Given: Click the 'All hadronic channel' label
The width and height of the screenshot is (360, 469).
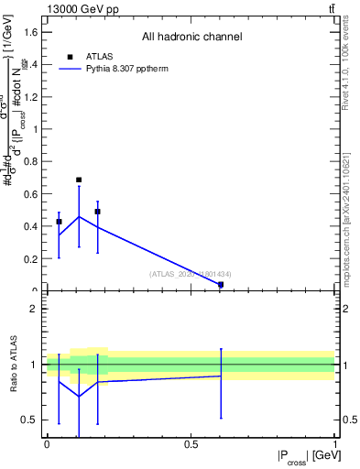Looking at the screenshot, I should [x=191, y=37].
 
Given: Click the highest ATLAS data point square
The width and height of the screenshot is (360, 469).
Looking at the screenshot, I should [x=79, y=180].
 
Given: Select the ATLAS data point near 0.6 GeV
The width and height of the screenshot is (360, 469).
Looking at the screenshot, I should [x=221, y=285].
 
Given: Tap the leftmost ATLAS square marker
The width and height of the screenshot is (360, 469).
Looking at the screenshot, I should [x=59, y=222].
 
